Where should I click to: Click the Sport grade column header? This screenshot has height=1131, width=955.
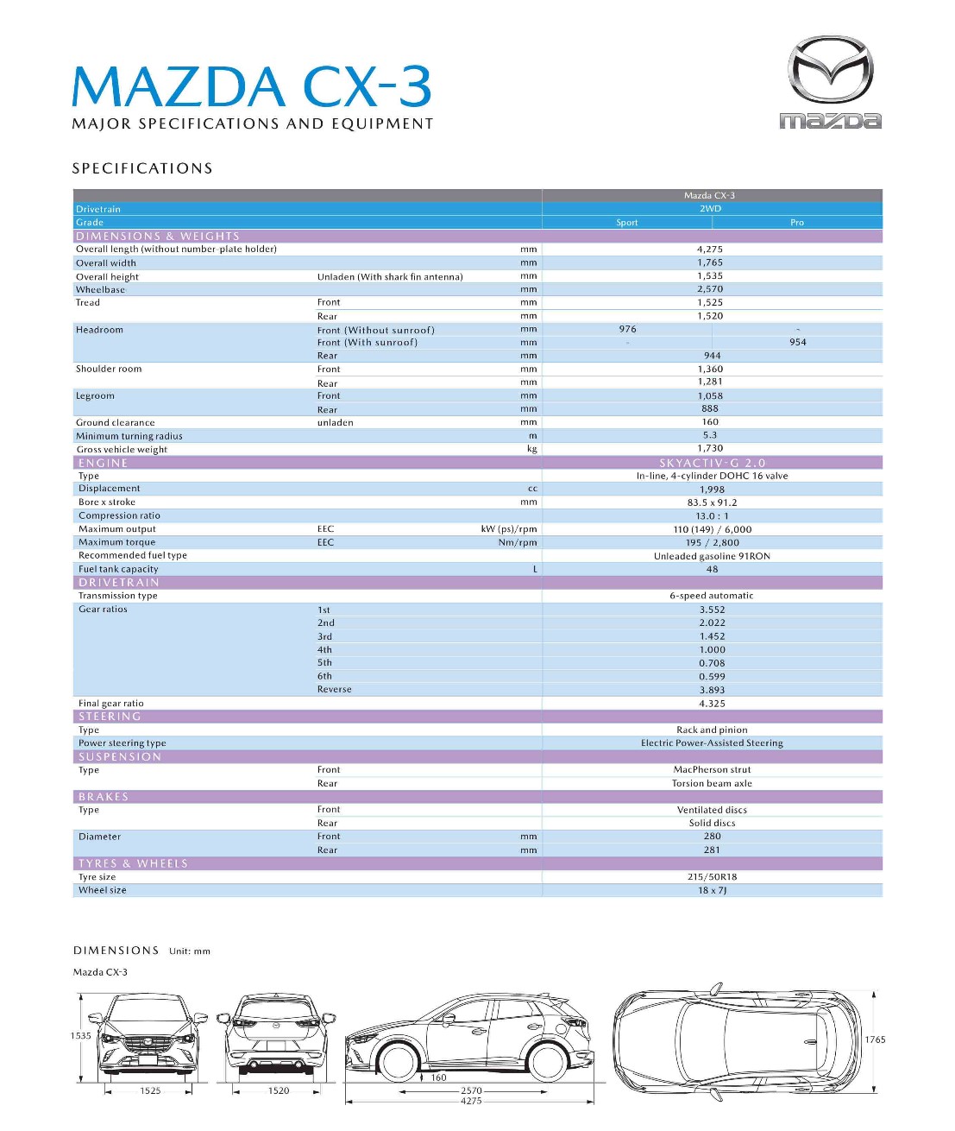click(x=627, y=223)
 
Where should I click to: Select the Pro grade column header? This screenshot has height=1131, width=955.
click(x=797, y=223)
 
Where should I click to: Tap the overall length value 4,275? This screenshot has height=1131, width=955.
click(x=710, y=250)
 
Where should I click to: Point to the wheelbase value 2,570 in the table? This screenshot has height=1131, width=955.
click(x=710, y=289)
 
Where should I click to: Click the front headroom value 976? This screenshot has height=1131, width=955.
click(x=628, y=329)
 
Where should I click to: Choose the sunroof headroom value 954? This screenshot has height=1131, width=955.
click(x=798, y=343)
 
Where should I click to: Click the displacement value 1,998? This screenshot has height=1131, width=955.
click(x=713, y=490)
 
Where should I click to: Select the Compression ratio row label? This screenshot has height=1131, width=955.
click(x=119, y=515)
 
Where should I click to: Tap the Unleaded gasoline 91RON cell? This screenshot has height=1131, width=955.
click(x=712, y=556)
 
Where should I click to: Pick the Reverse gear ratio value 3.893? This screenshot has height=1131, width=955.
click(x=713, y=690)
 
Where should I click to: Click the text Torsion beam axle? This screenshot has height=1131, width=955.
click(x=712, y=784)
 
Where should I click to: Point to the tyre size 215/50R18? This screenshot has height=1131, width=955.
click(x=713, y=877)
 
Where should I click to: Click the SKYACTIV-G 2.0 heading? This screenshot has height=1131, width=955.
click(x=713, y=463)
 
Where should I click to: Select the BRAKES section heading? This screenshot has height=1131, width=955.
click(x=104, y=797)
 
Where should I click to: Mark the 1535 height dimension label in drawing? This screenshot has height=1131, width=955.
click(x=81, y=1036)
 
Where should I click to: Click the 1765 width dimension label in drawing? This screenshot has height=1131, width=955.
click(x=876, y=1039)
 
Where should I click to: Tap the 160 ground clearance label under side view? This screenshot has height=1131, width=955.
click(x=439, y=1077)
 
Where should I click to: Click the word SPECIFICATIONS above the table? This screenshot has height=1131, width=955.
click(x=142, y=168)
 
